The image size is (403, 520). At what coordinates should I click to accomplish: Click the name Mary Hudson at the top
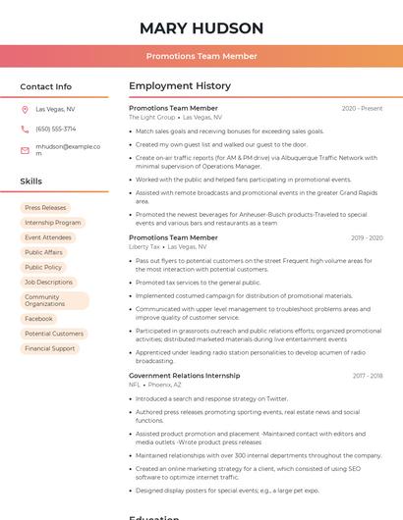[x=201, y=27]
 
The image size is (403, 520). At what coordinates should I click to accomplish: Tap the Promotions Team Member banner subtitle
[x=201, y=57]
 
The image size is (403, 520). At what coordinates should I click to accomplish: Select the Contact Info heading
[x=46, y=86]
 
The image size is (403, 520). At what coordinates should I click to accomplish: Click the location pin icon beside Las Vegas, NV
[x=25, y=110]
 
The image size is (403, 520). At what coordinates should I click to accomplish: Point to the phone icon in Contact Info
[x=25, y=129]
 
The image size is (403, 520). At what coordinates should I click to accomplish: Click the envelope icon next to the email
[x=25, y=150]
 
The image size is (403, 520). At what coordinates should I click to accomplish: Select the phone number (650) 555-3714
[x=56, y=129]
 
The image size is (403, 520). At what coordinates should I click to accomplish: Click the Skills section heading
[x=31, y=182]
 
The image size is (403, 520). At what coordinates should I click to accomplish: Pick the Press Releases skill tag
[x=45, y=208]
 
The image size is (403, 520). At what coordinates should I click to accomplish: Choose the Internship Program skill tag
[x=53, y=223]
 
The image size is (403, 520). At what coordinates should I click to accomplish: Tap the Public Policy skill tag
[x=43, y=267]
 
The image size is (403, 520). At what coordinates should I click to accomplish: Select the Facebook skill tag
[x=38, y=319]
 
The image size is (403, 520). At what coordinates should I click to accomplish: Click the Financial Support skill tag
[x=50, y=348]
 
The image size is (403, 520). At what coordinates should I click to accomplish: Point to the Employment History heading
[x=180, y=86]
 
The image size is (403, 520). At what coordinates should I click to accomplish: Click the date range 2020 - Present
[x=362, y=108]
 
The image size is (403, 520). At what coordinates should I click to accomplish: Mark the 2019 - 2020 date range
[x=366, y=237]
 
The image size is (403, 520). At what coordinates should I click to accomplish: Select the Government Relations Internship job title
[x=184, y=376]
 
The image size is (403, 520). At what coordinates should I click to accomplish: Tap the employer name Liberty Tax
[x=144, y=247]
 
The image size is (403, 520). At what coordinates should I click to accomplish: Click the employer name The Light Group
[x=151, y=117]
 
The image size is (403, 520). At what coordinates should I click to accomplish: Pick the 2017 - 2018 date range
[x=367, y=376]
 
